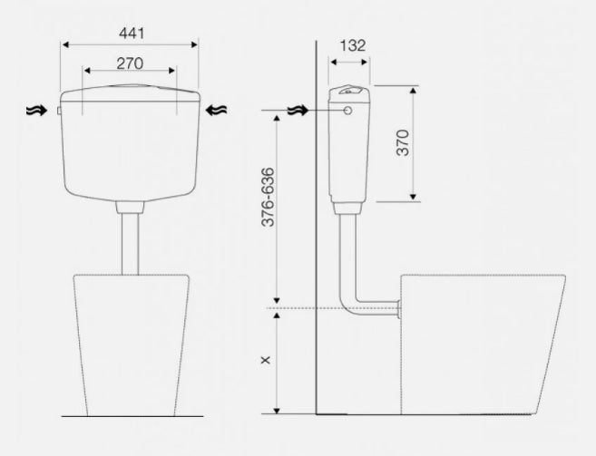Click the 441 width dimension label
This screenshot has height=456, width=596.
(x=132, y=34)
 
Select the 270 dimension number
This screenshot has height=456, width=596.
(x=130, y=63)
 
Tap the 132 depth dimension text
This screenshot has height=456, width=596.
(x=353, y=45)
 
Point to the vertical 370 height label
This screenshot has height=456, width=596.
(x=403, y=143)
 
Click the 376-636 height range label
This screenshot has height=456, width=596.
(x=268, y=198)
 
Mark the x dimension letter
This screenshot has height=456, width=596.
(x=265, y=360)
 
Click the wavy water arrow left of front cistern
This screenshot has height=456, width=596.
(x=36, y=111)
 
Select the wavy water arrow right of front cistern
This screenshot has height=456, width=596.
(x=216, y=111)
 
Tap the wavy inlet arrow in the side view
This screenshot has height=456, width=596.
(x=298, y=111)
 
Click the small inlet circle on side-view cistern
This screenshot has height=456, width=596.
(x=347, y=111)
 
